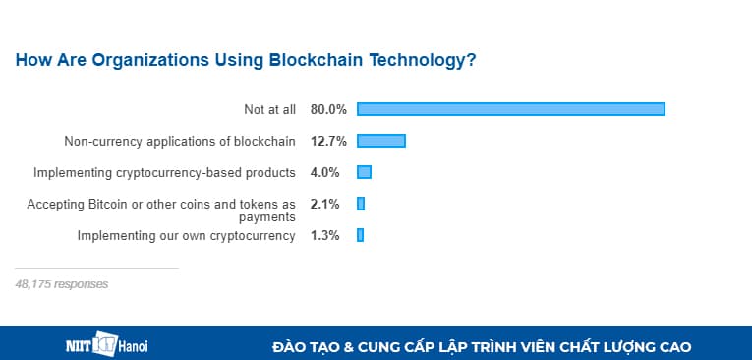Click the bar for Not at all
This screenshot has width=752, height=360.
[511, 109]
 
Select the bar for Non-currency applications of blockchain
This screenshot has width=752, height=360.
[381, 141]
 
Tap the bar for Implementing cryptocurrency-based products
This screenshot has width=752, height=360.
[364, 172]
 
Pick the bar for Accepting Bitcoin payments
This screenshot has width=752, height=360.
[361, 204]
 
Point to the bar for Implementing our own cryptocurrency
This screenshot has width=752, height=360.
[360, 235]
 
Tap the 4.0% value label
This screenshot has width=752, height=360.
[325, 172]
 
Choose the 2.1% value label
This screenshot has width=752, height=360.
[325, 204]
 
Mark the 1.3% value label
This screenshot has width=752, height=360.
[325, 235]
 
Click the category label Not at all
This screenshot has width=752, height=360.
[269, 109]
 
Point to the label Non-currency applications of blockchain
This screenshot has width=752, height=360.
[180, 141]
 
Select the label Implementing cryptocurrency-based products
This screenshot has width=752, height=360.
[164, 172]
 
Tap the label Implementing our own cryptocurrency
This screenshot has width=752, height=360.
[187, 235]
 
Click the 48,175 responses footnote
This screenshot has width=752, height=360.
[62, 284]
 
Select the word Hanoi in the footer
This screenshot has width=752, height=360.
[133, 347]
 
